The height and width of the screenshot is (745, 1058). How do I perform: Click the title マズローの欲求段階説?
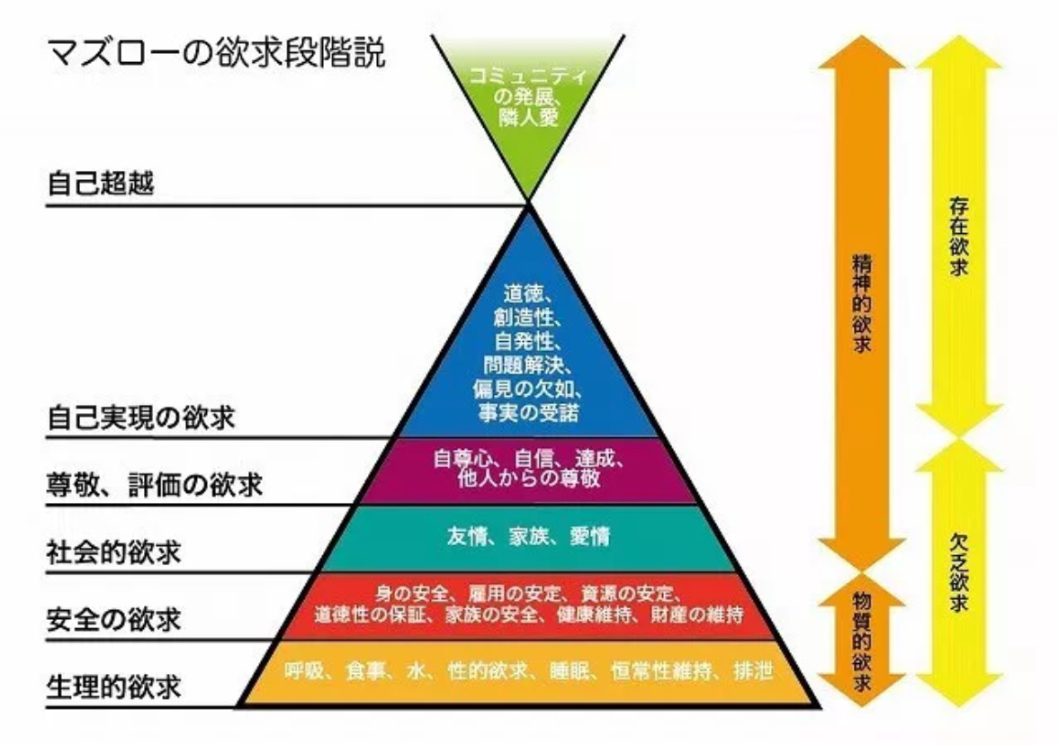click(217, 52)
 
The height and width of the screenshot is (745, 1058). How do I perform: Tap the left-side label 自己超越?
click(101, 183)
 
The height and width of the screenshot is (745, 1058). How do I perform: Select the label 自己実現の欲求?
click(141, 417)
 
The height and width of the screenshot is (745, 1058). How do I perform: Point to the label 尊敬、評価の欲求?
click(155, 484)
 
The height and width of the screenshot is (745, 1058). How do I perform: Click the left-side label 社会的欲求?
click(114, 552)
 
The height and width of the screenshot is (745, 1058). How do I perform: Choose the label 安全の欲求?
click(114, 619)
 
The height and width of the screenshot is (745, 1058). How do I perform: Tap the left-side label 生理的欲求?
click(114, 687)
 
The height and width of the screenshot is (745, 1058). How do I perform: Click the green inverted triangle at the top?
click(528, 101)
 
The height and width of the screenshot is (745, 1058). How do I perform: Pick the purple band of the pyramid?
click(528, 471)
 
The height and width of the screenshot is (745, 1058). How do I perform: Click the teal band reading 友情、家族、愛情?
click(528, 537)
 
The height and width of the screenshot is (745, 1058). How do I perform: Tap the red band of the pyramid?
click(528, 606)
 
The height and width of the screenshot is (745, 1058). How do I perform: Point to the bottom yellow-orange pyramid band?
click(528, 672)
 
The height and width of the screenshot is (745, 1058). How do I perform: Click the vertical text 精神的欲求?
click(862, 303)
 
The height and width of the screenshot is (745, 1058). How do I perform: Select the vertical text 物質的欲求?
click(862, 641)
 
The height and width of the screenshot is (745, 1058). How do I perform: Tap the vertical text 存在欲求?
click(959, 236)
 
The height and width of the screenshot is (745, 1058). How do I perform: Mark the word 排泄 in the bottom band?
click(754, 671)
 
